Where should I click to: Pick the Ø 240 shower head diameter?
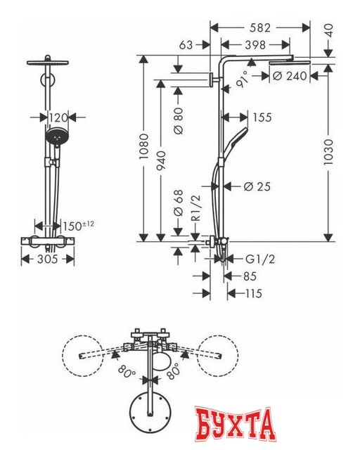[289, 76]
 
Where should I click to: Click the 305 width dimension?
[47, 259]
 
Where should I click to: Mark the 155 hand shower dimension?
[262, 118]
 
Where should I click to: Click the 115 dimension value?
[252, 293]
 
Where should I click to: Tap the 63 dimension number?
[186, 44]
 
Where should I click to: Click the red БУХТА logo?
[233, 425]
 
